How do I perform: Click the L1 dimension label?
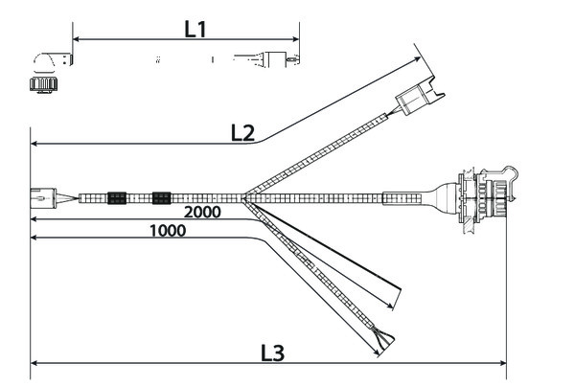(195, 29)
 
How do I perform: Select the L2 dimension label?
(242, 133)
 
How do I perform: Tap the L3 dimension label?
(272, 352)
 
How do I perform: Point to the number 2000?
(202, 211)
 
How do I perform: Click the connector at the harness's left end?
(47, 197)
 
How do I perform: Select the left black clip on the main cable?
(117, 198)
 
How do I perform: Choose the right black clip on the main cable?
(160, 198)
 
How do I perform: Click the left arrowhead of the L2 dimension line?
(34, 144)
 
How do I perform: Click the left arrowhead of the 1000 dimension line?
(34, 238)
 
